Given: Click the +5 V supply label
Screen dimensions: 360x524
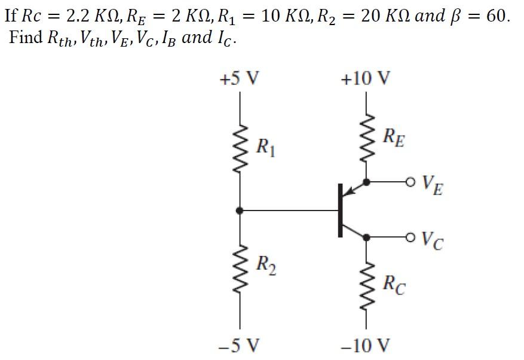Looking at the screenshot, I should (240, 78).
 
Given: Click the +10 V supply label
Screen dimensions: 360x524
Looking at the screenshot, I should (366, 78).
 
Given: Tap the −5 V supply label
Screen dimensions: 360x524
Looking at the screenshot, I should (240, 345).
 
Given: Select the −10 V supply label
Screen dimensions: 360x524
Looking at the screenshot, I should (366, 345).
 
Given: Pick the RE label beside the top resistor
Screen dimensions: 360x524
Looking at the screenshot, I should (394, 139).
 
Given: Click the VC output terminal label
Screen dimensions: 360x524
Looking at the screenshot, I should (432, 240).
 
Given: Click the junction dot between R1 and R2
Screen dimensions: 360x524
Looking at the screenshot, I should (240, 210).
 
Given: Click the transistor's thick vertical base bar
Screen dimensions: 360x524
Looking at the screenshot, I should (341, 210).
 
